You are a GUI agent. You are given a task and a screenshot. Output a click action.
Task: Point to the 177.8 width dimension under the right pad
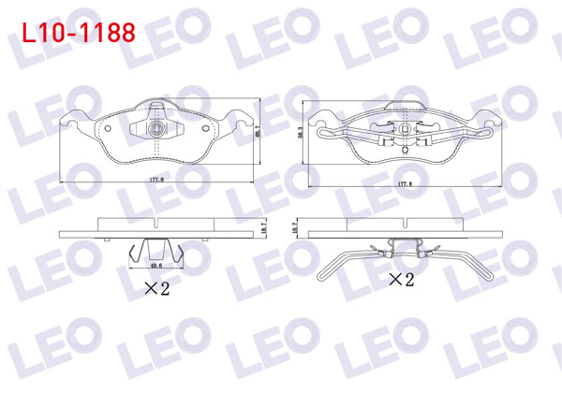pyautogui.click(x=404, y=184)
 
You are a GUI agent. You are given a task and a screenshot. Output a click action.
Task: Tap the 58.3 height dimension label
pyautogui.click(x=301, y=135)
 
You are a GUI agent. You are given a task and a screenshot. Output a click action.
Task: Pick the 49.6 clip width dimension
pyautogui.click(x=156, y=265)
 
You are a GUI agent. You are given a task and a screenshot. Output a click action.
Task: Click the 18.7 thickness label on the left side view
pyautogui.click(x=265, y=226)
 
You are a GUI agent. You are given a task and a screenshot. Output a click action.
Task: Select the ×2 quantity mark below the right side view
pyautogui.click(x=401, y=279)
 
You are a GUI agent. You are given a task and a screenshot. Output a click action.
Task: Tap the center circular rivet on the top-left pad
pyautogui.click(x=157, y=129)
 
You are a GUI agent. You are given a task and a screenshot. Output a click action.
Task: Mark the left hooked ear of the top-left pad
pyautogui.click(x=67, y=120)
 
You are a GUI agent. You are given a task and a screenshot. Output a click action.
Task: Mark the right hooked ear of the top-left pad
pyautogui.click(x=245, y=120)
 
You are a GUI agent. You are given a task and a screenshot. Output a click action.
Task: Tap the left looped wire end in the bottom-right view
pyautogui.click(x=325, y=272)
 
